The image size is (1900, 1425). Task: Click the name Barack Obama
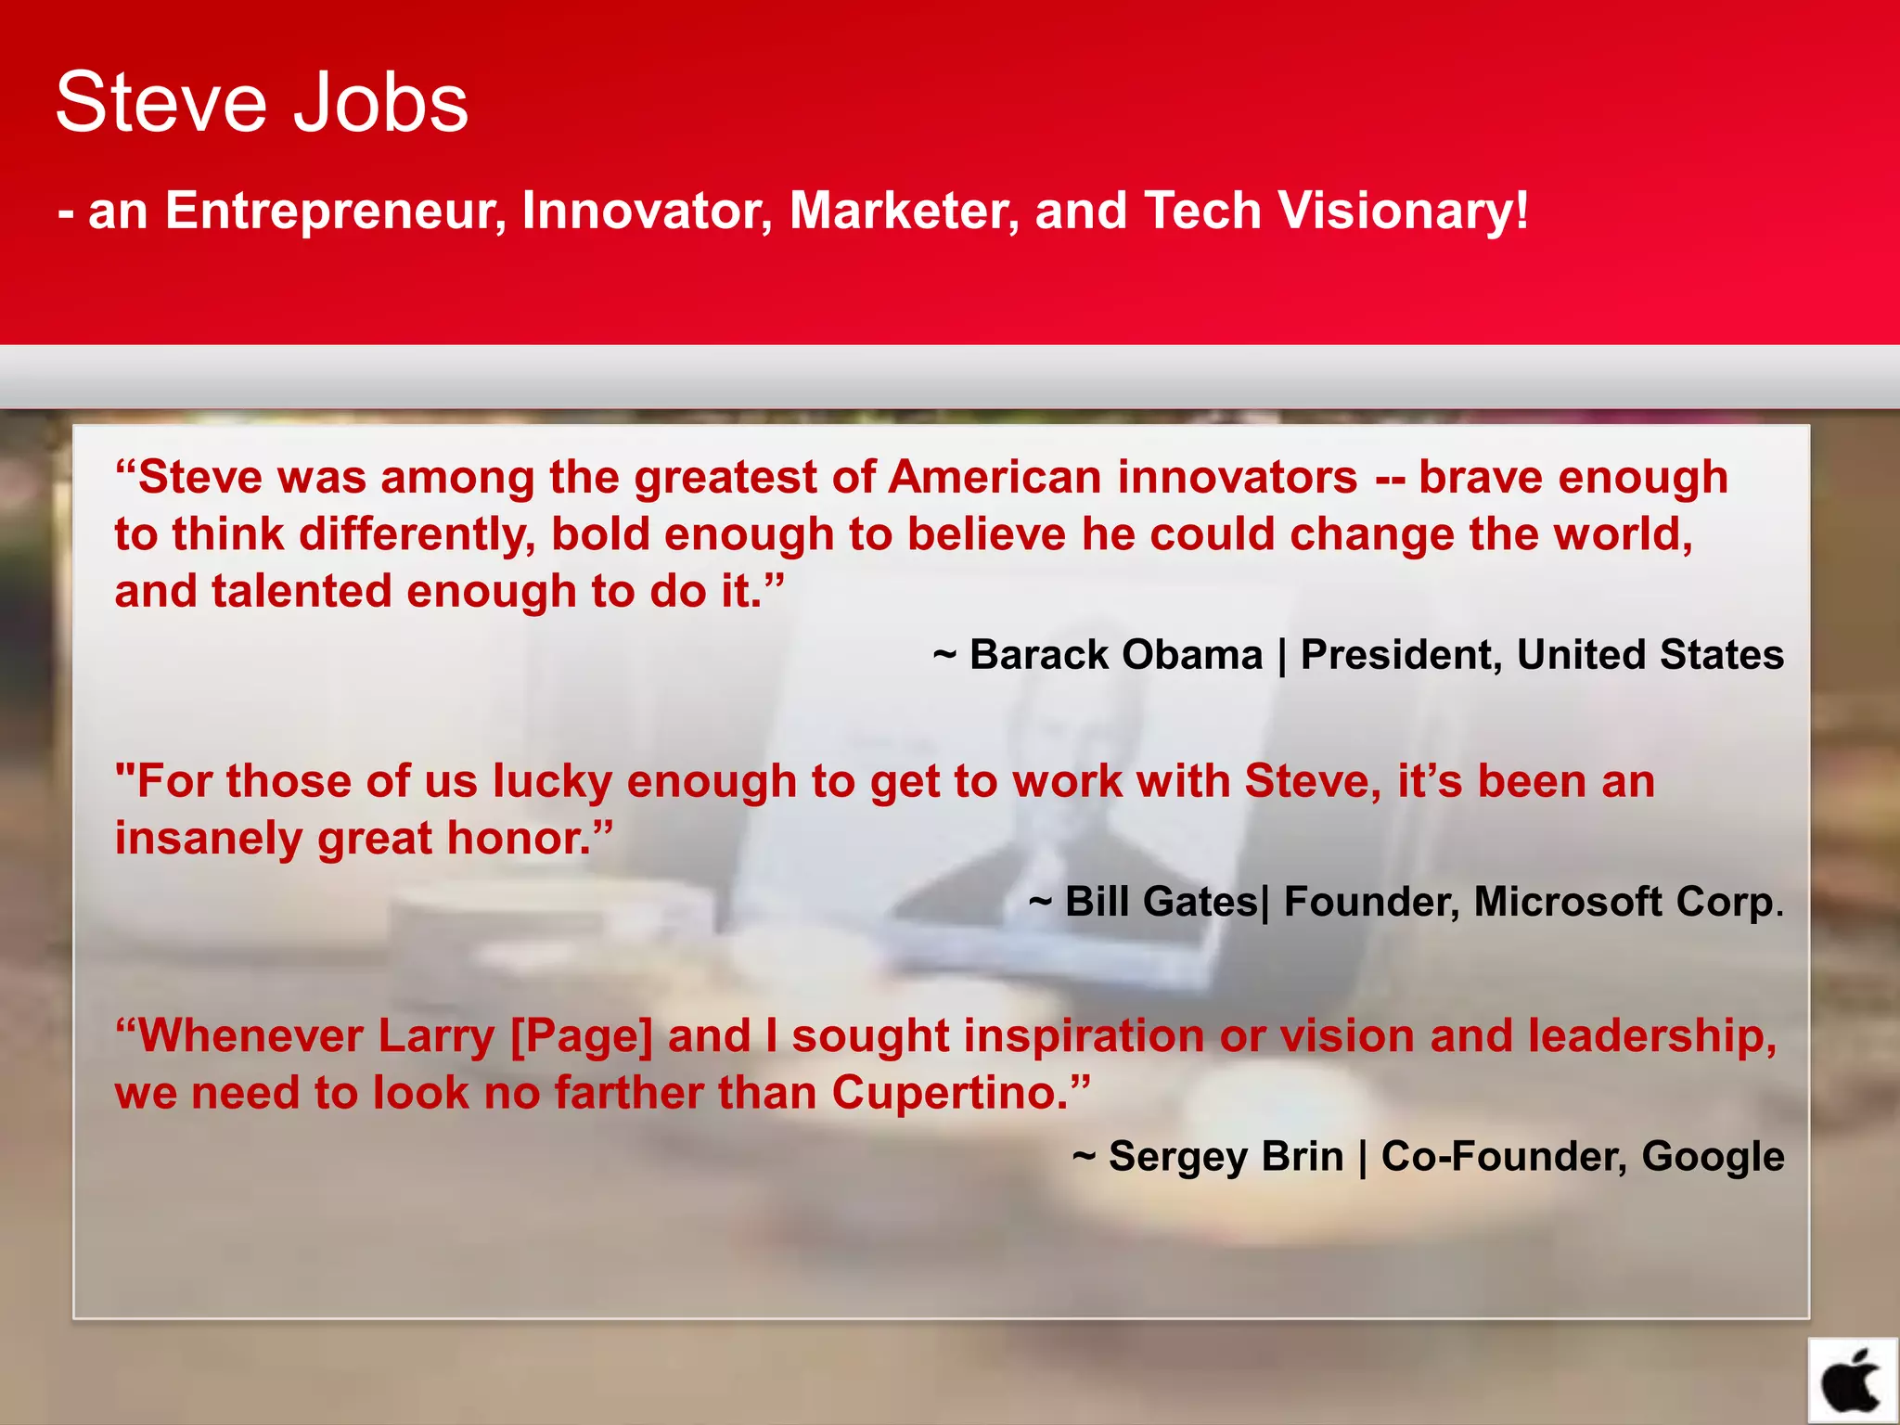[1116, 655]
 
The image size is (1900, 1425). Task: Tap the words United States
[1650, 655]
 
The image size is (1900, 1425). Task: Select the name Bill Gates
[1161, 902]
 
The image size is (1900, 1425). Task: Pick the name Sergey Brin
[1226, 1157]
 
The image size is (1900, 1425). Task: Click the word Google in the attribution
[1713, 1157]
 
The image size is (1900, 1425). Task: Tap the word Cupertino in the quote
[951, 1093]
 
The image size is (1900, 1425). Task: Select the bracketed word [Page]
[582, 1036]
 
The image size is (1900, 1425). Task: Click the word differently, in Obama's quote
[417, 535]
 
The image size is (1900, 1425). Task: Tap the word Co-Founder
[1503, 1157]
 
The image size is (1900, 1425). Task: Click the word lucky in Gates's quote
[552, 782]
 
